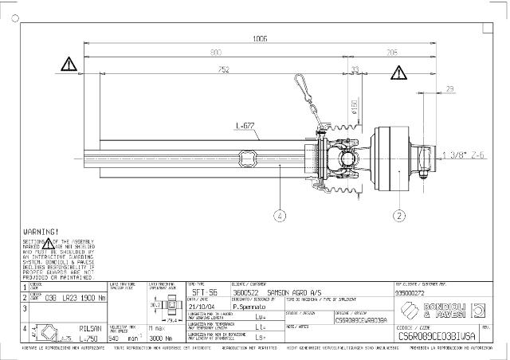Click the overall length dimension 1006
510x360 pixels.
point(260,38)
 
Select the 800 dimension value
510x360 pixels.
point(215,53)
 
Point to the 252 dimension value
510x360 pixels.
point(224,70)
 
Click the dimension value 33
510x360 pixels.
point(355,70)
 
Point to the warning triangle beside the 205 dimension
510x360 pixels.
point(397,74)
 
